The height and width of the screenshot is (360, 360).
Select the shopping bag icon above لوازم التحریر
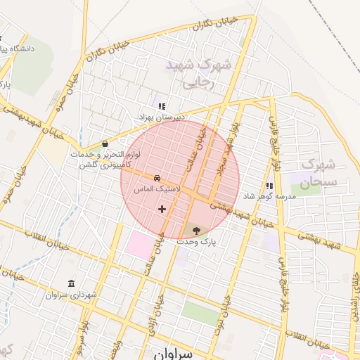click(105, 143)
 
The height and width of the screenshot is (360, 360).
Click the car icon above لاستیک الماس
click(157, 179)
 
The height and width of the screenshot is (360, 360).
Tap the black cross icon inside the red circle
click(162, 208)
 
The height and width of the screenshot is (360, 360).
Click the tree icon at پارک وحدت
click(195, 230)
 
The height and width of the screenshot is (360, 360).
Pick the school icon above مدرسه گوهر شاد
click(269, 186)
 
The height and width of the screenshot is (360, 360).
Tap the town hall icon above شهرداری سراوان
click(70, 283)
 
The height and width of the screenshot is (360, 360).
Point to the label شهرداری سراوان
click(70, 295)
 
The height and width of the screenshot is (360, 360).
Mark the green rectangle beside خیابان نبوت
click(200, 314)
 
